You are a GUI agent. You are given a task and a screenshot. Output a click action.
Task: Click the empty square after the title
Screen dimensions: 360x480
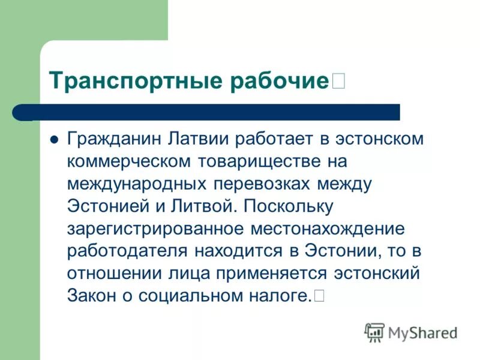(x=338, y=80)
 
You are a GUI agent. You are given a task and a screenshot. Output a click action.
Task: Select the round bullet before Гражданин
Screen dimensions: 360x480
(x=54, y=139)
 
